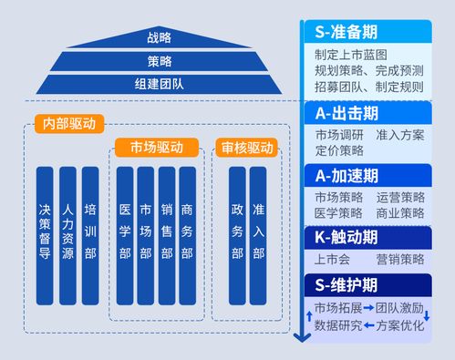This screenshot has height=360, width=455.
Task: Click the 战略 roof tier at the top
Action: [159, 37]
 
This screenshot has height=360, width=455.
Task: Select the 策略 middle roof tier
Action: [159, 61]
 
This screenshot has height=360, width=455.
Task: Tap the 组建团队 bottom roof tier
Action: [159, 84]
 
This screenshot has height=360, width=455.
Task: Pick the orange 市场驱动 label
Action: [155, 147]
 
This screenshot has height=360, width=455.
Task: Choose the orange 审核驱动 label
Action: [246, 147]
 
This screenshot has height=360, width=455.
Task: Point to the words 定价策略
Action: [338, 150]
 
